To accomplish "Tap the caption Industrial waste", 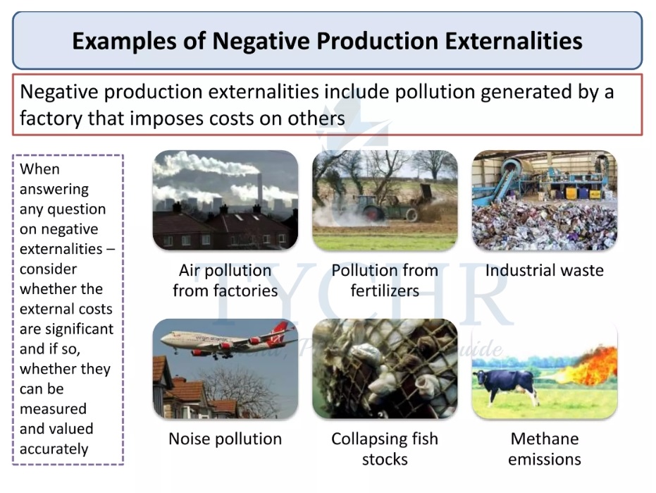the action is (544, 270).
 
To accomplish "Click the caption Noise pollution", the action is (225, 439).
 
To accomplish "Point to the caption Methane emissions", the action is (544, 449).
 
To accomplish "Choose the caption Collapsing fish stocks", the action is (385, 449).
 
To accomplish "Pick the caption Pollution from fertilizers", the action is (385, 280).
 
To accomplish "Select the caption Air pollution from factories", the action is (225, 280).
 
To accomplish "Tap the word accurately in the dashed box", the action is (54, 449).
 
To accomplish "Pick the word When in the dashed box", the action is (39, 169).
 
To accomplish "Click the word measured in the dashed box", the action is (53, 409).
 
